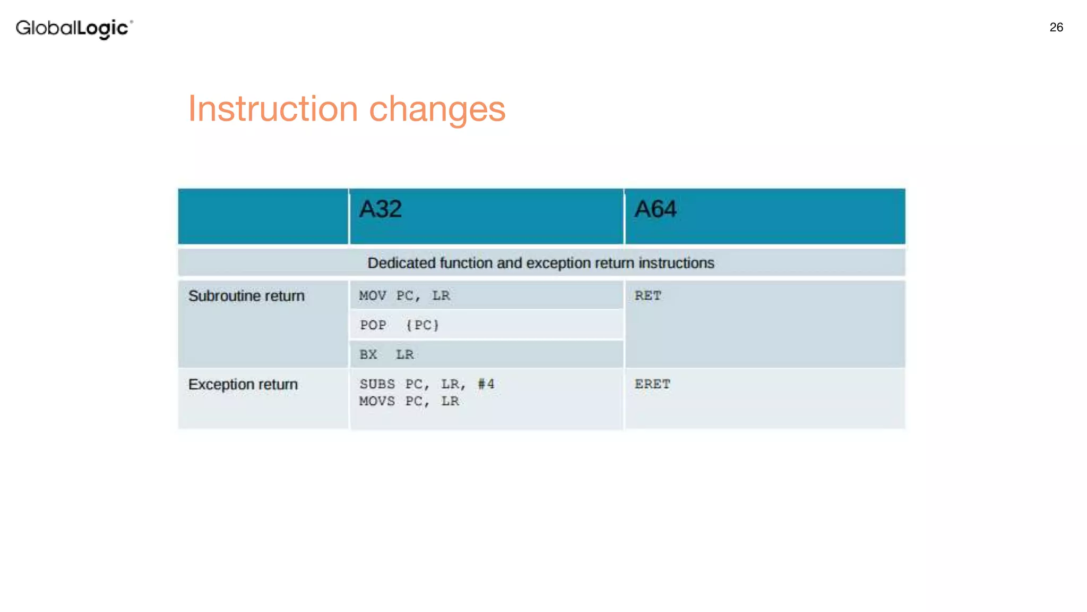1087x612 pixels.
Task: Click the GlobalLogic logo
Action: coord(74,28)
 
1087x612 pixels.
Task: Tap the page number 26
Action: coord(1056,28)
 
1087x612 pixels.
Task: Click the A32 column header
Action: coord(380,209)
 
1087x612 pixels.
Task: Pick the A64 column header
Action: coord(655,209)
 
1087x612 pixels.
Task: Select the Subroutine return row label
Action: coord(246,296)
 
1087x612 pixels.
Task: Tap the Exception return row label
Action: coord(243,384)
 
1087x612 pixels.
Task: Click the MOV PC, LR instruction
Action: coord(404,296)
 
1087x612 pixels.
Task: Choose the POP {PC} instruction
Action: coord(400,325)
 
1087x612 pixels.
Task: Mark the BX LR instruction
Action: coord(386,354)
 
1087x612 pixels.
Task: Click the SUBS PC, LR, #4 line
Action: coord(427,384)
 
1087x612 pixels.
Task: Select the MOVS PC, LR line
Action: coord(409,401)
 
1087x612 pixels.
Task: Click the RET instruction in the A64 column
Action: coord(648,296)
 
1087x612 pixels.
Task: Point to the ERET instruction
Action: coord(652,384)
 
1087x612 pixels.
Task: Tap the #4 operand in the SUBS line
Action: coord(486,384)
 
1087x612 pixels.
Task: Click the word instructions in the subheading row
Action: coord(676,263)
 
